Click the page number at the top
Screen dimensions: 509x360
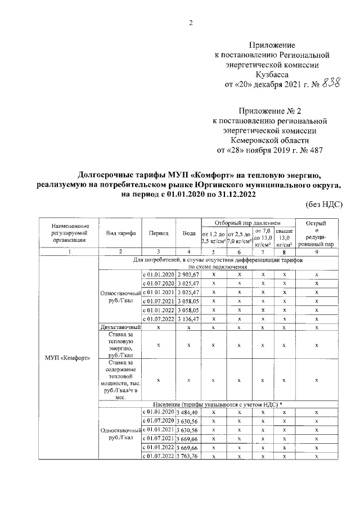[191, 23]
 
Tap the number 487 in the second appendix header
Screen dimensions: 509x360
[313, 150]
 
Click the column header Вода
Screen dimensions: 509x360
[189, 233]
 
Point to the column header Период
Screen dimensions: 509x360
[159, 233]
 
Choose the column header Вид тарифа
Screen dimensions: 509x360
[120, 233]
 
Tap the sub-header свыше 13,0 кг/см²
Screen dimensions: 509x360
[285, 237]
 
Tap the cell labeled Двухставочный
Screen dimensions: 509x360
[120, 327]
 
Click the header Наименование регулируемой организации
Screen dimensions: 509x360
[68, 232]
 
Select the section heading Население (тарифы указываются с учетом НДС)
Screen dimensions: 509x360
[217, 404]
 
